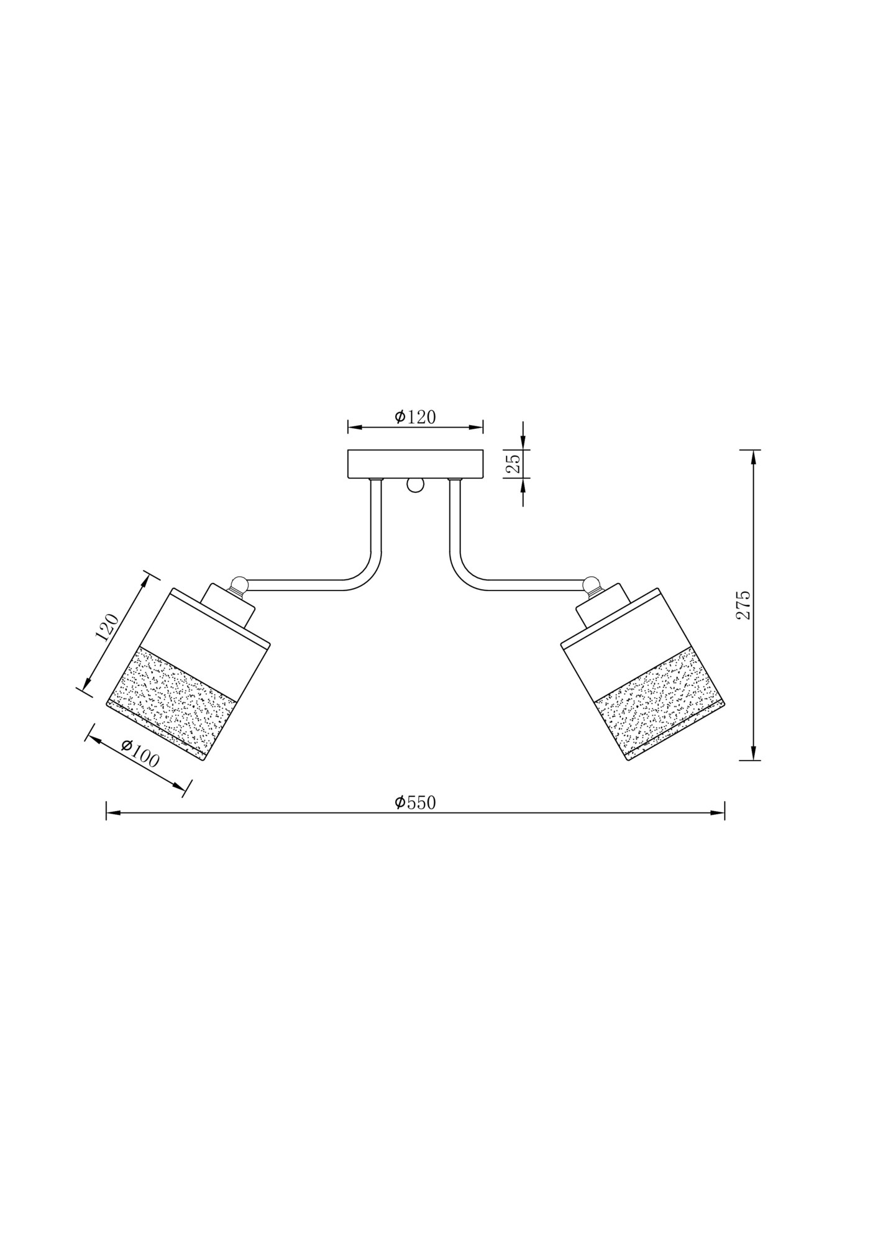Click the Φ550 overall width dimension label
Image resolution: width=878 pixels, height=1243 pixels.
pyautogui.click(x=415, y=802)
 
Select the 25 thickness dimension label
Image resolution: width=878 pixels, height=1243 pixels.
pyautogui.click(x=513, y=463)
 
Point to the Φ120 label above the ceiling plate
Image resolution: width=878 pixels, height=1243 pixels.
pyautogui.click(x=415, y=417)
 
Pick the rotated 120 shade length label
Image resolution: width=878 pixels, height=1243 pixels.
pyautogui.click(x=106, y=627)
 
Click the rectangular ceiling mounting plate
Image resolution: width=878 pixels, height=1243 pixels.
pyautogui.click(x=415, y=464)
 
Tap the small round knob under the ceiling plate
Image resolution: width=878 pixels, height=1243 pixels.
pyautogui.click(x=414, y=485)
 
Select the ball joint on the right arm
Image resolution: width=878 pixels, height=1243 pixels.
pyautogui.click(x=592, y=585)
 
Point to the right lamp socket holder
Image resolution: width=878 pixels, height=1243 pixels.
pyautogui.click(x=602, y=606)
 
